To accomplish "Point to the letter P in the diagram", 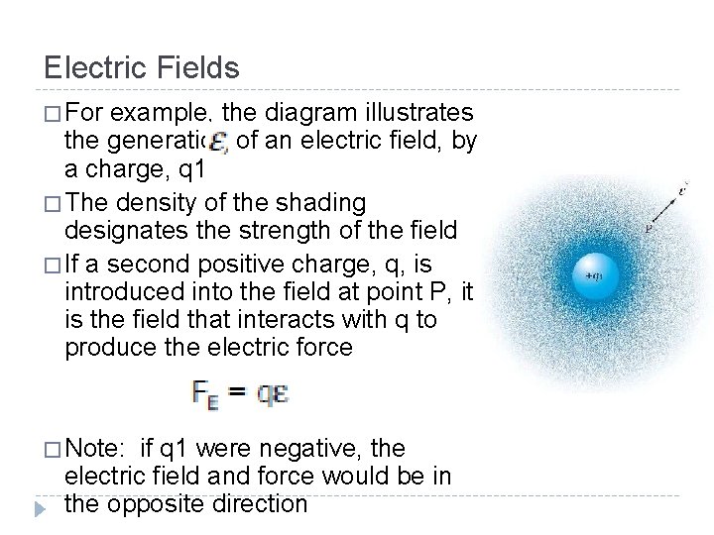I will pyautogui.click(x=647, y=228).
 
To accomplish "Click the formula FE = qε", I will pyautogui.click(x=239, y=393).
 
